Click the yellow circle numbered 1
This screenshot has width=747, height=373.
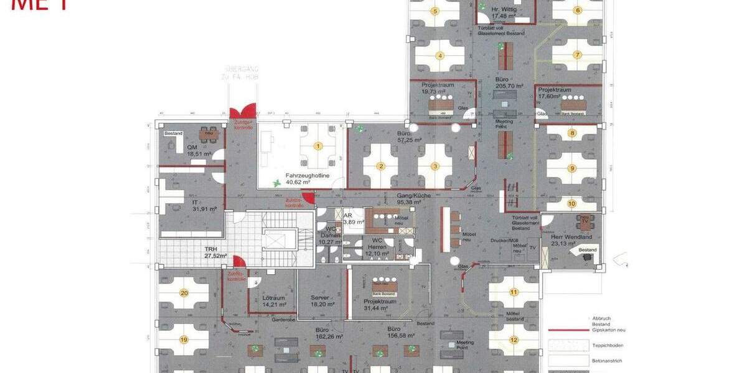pos(318,147)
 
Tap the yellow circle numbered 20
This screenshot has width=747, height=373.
pos(184,293)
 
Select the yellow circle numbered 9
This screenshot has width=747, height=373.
pos(572,168)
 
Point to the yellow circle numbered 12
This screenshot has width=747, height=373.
pos(514,340)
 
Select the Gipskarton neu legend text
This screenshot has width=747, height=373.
pos(604,330)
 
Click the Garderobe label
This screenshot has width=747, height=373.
pos(283,321)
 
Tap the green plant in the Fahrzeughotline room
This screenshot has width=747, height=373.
pos(277,183)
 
